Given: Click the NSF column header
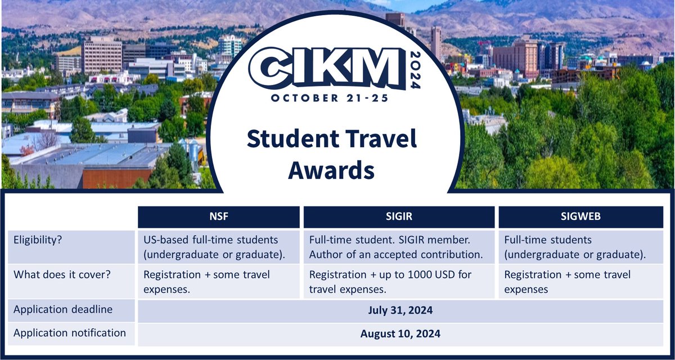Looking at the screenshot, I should tap(218, 217).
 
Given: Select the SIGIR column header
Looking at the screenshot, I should tap(399, 217).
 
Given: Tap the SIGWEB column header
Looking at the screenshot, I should tap(581, 217).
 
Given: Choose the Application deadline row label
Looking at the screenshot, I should tap(63, 310).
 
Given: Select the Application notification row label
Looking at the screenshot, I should tap(70, 333).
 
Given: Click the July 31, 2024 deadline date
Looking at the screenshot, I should tap(400, 310).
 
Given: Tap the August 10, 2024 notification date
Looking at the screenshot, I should tap(400, 334).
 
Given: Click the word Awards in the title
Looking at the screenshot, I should tap(331, 169).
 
